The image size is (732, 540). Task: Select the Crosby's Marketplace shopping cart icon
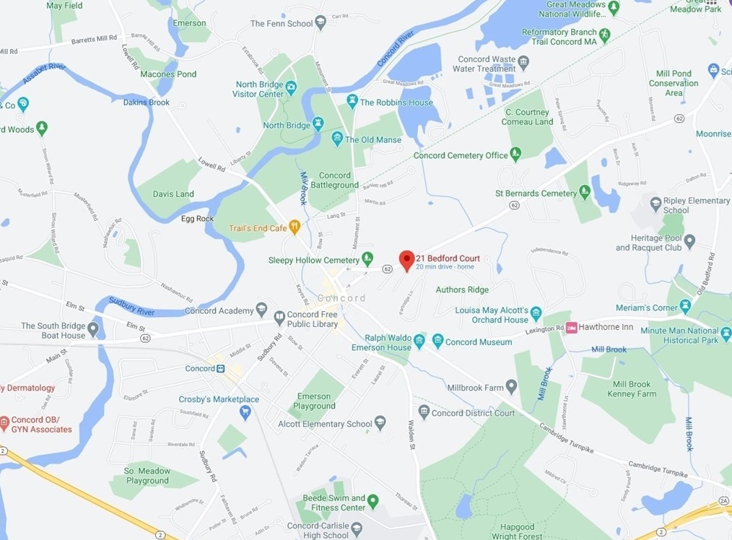point(245,412)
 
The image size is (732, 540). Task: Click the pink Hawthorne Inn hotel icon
point(572,328)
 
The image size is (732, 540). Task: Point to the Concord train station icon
point(220,369)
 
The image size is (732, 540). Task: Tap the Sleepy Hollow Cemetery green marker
point(367,258)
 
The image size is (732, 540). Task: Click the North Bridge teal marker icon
point(318,125)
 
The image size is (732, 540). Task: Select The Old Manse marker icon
point(336,139)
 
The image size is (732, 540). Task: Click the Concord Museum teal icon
point(437,341)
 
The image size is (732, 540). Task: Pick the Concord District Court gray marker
point(424,411)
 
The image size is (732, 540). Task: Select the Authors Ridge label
point(462,289)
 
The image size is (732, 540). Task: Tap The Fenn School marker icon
point(321,23)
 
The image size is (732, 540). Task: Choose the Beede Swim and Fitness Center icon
point(372,500)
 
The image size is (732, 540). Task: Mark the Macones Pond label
point(168,74)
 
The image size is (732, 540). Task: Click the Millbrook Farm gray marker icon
point(511,387)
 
